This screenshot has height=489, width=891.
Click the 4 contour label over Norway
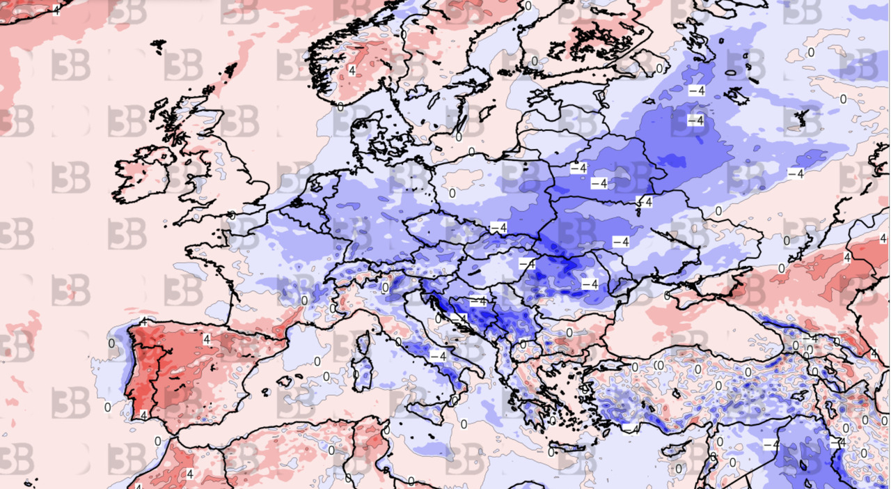point(352,71)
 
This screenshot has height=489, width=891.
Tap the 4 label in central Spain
point(207,339)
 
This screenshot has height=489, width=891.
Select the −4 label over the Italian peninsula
point(437,356)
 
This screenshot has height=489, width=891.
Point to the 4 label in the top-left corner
point(56,10)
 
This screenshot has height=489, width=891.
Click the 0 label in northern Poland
point(452,193)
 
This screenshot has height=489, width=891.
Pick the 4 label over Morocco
point(189,474)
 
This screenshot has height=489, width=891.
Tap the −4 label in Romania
point(590,284)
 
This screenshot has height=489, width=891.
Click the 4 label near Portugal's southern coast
point(143,415)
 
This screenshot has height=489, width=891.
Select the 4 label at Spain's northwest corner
point(143,322)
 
